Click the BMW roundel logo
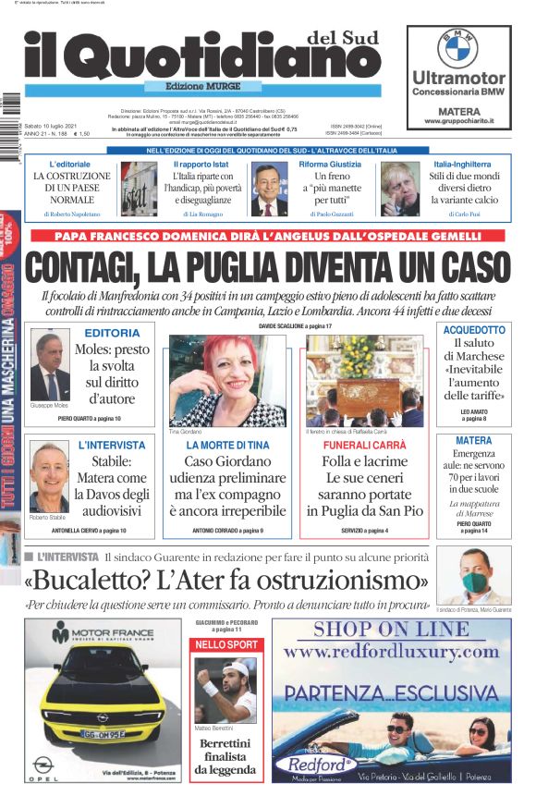click(x=457, y=48)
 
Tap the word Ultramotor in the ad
click(x=458, y=78)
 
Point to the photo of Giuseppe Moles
click(x=50, y=367)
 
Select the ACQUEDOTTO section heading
click(x=474, y=330)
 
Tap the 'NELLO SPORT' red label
click(x=226, y=643)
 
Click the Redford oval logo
click(x=321, y=765)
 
